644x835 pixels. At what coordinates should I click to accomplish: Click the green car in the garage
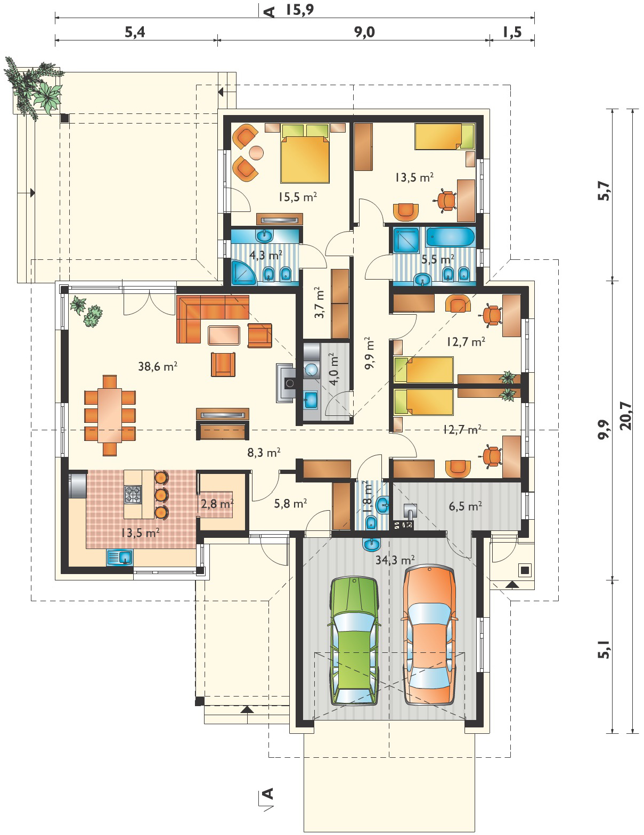pyautogui.click(x=354, y=641)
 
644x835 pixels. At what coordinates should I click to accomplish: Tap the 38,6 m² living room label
pyautogui.click(x=158, y=366)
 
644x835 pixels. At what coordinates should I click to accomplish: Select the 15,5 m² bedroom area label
pyautogui.click(x=298, y=197)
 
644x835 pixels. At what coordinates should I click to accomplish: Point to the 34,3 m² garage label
pyautogui.click(x=395, y=560)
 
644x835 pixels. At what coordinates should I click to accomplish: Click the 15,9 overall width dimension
pyautogui.click(x=299, y=10)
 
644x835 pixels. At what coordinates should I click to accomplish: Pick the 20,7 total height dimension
pyautogui.click(x=625, y=415)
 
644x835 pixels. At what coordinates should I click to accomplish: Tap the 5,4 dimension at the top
pyautogui.click(x=135, y=32)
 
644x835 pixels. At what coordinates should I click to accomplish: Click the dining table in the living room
pyautogui.click(x=110, y=415)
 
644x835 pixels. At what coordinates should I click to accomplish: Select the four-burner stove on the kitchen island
pyautogui.click(x=133, y=494)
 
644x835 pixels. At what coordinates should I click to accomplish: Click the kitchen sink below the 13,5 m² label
pyautogui.click(x=119, y=557)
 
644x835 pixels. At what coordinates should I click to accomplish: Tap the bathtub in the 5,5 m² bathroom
pyautogui.click(x=450, y=237)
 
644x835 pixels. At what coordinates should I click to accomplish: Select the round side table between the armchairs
pyautogui.click(x=256, y=153)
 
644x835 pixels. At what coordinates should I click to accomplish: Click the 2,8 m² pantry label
pyautogui.click(x=217, y=503)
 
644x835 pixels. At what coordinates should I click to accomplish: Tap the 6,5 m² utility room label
pyautogui.click(x=466, y=506)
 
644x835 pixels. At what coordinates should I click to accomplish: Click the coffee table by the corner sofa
pyautogui.click(x=224, y=335)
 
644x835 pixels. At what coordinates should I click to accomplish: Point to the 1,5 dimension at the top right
pyautogui.click(x=512, y=32)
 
